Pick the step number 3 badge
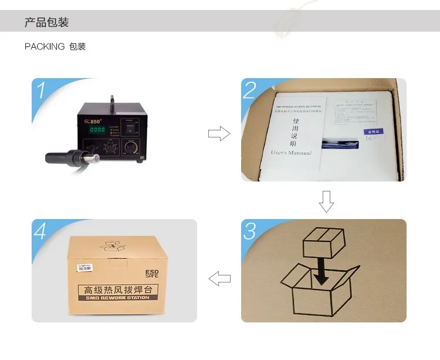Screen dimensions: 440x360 (250, 231)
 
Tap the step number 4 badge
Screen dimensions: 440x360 (40, 231)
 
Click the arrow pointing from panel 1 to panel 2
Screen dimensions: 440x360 (219, 134)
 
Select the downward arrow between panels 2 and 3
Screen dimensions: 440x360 (326, 201)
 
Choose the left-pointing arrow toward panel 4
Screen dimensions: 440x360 (219, 278)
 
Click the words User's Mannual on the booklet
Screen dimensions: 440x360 (291, 153)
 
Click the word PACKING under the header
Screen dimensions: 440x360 (45, 46)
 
